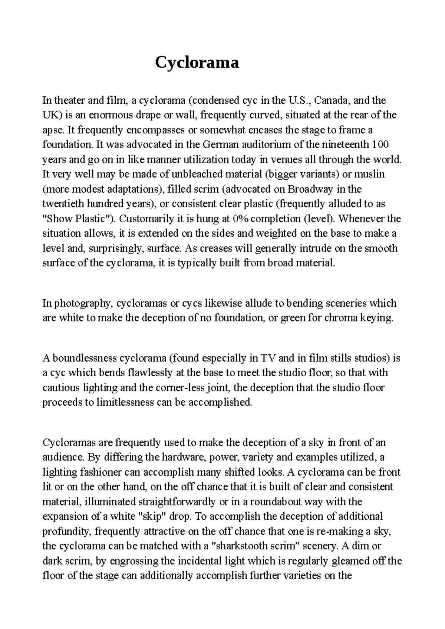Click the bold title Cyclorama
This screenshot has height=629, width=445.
click(x=197, y=63)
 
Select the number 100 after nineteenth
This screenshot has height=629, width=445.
click(x=380, y=144)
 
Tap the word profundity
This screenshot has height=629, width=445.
click(x=66, y=531)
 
